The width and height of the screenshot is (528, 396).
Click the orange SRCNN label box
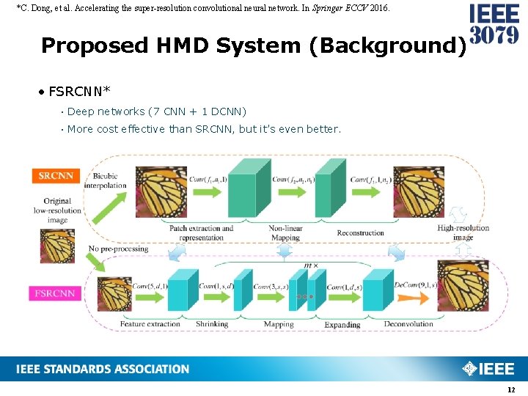(x=56, y=176)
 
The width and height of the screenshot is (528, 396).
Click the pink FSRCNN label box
(x=54, y=293)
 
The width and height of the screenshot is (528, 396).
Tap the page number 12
(x=511, y=389)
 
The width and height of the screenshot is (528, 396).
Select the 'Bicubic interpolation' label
(x=106, y=180)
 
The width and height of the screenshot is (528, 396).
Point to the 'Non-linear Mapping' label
(x=285, y=232)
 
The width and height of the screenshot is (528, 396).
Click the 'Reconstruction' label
(x=360, y=233)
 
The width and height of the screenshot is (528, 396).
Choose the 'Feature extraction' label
(x=150, y=323)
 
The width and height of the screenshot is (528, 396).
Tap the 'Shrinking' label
(x=212, y=323)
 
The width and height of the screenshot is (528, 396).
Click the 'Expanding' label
(x=342, y=324)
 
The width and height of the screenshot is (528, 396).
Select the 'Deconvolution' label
(x=408, y=323)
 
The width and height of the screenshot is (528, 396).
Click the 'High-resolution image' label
(x=463, y=232)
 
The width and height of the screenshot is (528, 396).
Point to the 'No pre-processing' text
(x=118, y=249)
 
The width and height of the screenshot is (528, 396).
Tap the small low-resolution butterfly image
(x=56, y=246)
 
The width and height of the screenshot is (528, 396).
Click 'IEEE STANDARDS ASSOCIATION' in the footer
(x=103, y=369)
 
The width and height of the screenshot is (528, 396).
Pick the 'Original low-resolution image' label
(x=57, y=210)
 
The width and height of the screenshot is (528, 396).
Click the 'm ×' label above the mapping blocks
(x=311, y=265)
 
